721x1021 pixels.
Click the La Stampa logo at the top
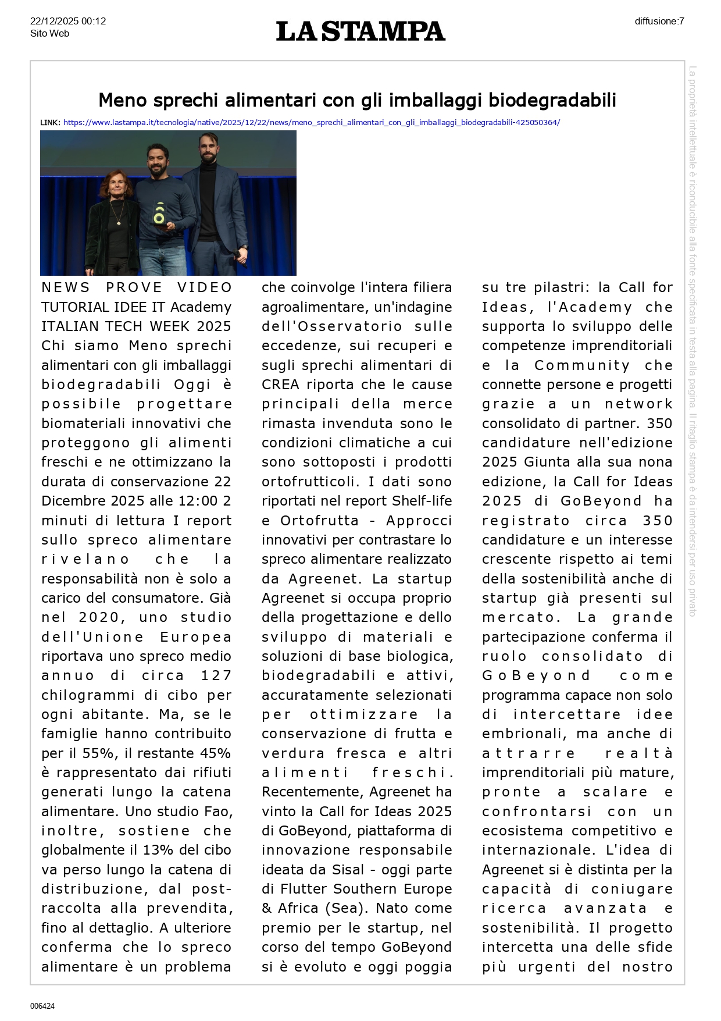point(360,31)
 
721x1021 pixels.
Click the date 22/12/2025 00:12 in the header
point(68,22)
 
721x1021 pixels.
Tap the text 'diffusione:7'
point(659,22)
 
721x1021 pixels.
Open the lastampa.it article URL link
point(311,123)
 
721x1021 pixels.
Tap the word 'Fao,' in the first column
point(218,812)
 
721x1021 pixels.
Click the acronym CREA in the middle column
point(280,385)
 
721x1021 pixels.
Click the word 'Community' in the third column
point(581,365)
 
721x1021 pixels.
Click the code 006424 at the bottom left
point(42,1006)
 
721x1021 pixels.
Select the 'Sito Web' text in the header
point(50,34)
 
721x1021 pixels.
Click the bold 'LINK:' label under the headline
point(50,123)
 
